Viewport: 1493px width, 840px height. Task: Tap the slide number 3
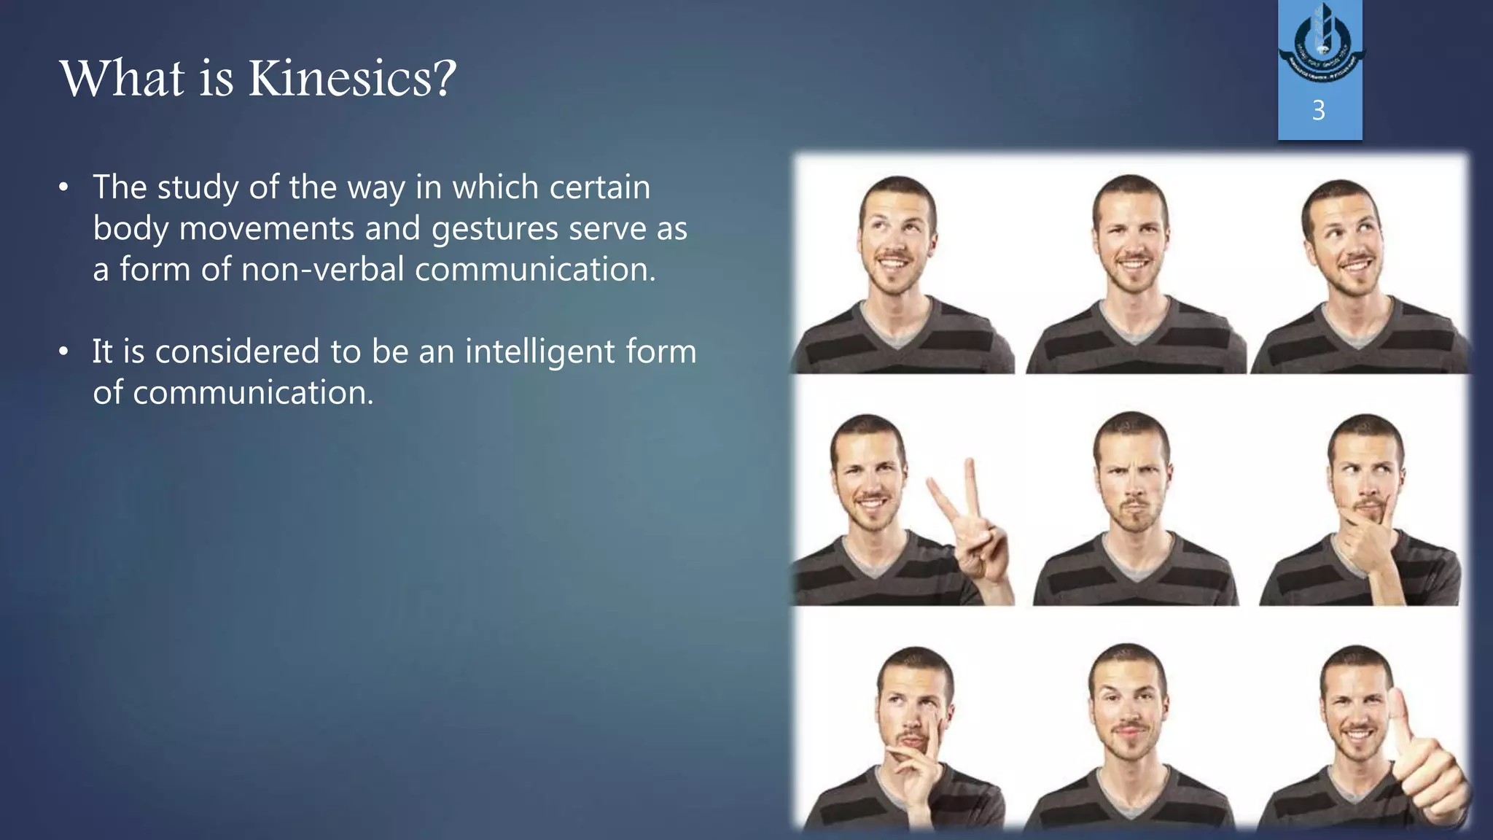pos(1318,111)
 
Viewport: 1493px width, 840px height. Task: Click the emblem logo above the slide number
pos(1319,45)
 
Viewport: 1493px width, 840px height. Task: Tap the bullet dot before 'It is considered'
pos(64,353)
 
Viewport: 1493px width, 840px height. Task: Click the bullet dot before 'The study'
pos(64,189)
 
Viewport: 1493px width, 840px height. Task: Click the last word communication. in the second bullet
pos(233,393)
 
